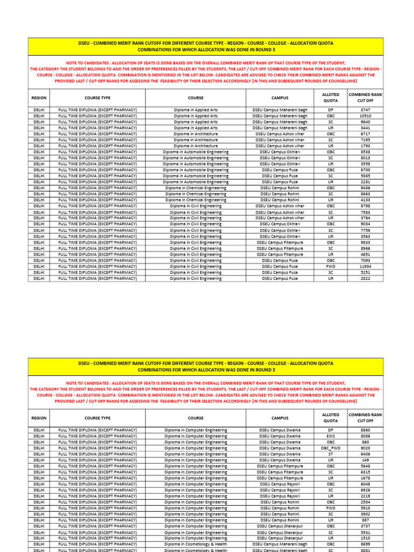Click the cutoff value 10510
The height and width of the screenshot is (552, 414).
(x=365, y=115)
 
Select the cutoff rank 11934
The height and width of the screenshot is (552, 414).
(x=365, y=266)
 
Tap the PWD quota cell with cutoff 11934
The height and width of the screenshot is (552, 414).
(x=330, y=266)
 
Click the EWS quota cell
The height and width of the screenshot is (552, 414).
(x=330, y=436)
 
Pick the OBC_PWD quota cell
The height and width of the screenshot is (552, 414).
(x=330, y=448)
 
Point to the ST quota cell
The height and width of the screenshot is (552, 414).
(x=330, y=454)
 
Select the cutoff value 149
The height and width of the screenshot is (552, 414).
(x=365, y=460)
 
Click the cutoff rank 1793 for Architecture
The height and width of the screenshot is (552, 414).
(x=365, y=146)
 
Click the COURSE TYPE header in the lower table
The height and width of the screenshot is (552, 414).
(x=98, y=418)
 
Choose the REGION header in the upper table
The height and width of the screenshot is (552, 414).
(x=39, y=98)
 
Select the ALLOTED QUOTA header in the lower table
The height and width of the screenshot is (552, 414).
(x=330, y=418)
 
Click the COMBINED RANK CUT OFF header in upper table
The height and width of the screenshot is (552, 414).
(x=365, y=98)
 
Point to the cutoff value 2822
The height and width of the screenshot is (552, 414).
(x=365, y=279)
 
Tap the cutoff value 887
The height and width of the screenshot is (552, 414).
(x=365, y=520)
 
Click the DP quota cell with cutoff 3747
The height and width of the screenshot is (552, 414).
(x=330, y=109)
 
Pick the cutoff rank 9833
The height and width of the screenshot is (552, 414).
(x=365, y=243)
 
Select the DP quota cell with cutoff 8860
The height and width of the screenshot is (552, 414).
(x=330, y=430)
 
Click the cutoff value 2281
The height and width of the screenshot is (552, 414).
(x=365, y=182)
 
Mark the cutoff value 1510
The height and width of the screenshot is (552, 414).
(x=365, y=538)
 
